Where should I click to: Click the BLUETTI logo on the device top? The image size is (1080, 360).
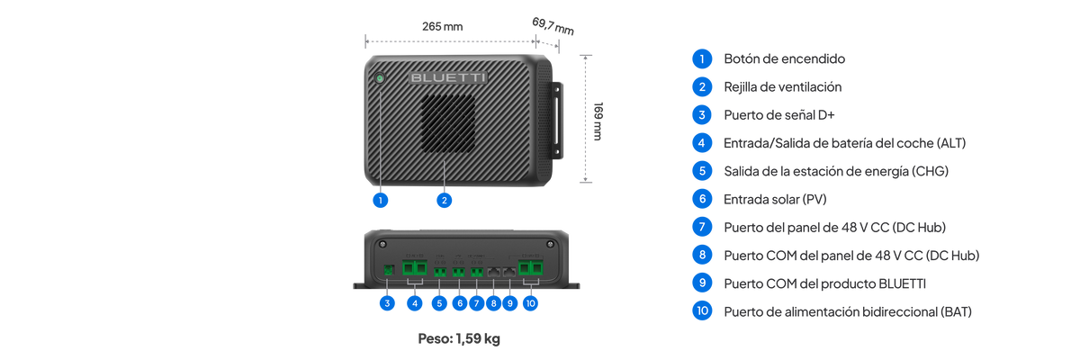[447, 78]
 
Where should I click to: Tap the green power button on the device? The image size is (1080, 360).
[381, 79]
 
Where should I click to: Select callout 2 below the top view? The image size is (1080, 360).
[443, 201]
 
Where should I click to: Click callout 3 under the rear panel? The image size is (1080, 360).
[387, 303]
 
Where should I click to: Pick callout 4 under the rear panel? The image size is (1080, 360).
[414, 303]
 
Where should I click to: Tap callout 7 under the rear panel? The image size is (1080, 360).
[476, 303]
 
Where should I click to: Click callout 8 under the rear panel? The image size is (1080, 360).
[493, 303]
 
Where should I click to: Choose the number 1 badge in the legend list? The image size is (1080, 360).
[702, 58]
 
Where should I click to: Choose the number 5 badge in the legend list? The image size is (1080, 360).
[702, 171]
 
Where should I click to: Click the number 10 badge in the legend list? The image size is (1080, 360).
[702, 311]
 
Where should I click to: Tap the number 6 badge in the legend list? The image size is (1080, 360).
[702, 199]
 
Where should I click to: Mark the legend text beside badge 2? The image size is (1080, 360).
[782, 87]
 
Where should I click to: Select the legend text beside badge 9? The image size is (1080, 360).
[824, 283]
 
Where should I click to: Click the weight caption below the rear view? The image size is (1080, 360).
[459, 340]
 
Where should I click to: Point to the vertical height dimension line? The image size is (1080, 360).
[586, 117]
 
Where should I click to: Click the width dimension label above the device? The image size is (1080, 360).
[442, 27]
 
